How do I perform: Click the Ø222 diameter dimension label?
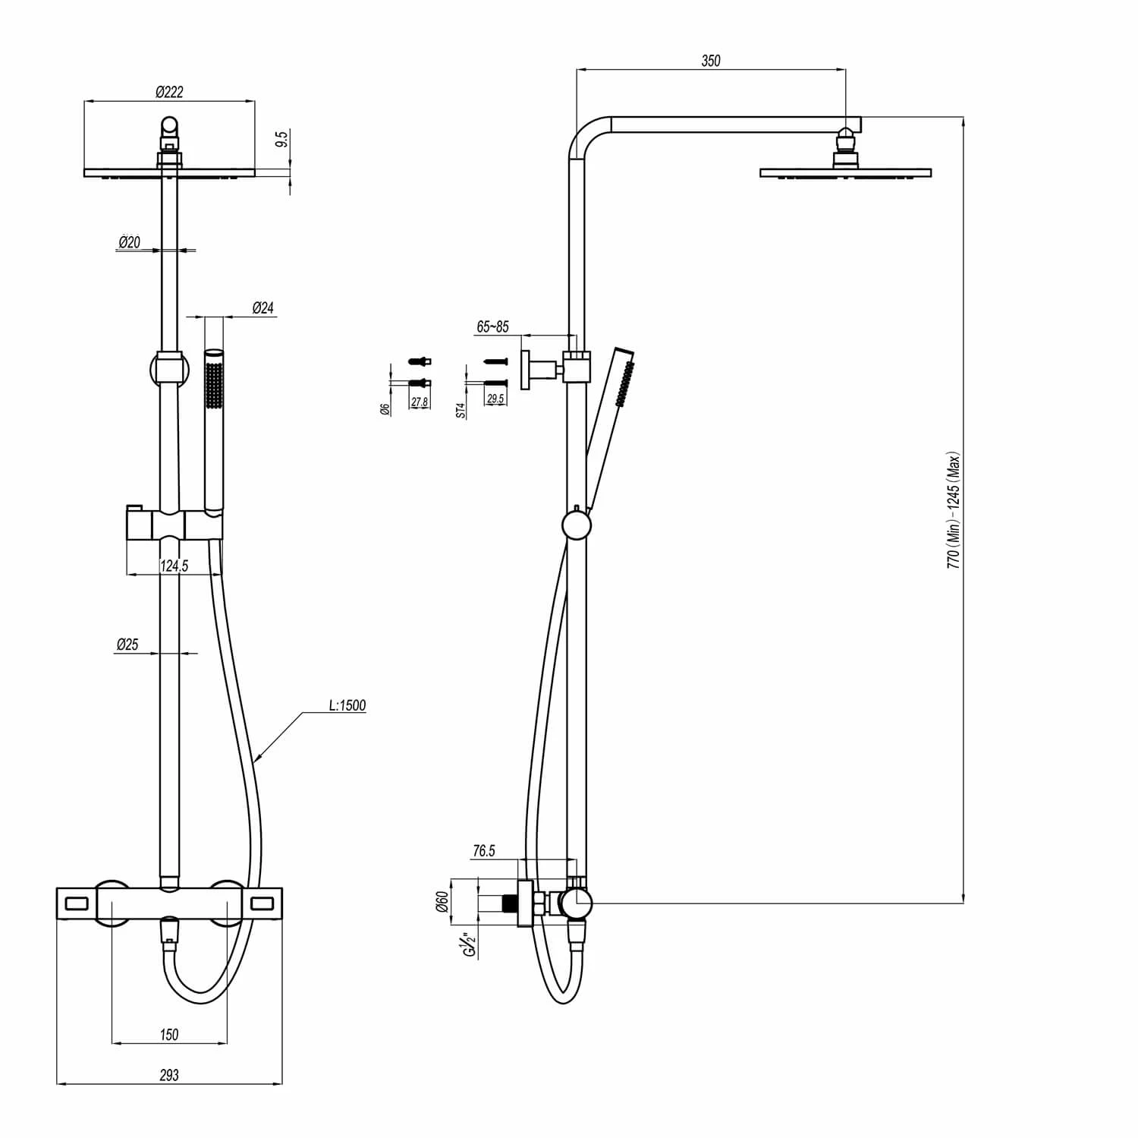click(x=169, y=92)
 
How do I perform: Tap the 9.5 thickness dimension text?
click(x=282, y=139)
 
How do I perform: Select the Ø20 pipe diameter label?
click(x=129, y=242)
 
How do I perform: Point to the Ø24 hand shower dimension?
click(x=262, y=307)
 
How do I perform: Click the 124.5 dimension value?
click(x=174, y=566)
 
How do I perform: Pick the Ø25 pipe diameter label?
click(x=127, y=645)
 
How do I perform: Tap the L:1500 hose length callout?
click(x=347, y=705)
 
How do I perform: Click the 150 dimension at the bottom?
click(x=169, y=1034)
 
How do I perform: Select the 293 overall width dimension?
click(x=169, y=1074)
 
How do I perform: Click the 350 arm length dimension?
click(x=711, y=61)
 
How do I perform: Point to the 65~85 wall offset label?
click(x=492, y=327)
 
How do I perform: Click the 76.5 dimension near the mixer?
click(x=483, y=851)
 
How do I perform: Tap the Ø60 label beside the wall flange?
click(x=442, y=902)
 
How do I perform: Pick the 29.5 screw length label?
click(x=495, y=399)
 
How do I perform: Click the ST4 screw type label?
click(x=460, y=411)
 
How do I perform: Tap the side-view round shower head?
click(x=846, y=172)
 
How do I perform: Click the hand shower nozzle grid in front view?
click(x=214, y=387)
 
